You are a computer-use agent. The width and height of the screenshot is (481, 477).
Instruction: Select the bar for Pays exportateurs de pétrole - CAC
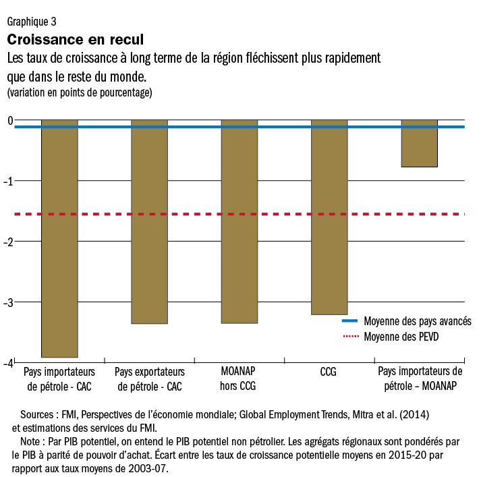point(149,222)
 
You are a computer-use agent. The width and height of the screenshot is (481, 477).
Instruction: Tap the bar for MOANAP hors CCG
point(239,222)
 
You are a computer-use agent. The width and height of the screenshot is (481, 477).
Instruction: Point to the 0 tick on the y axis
point(9,121)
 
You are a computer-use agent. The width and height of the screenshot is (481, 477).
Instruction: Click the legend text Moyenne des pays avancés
point(417,321)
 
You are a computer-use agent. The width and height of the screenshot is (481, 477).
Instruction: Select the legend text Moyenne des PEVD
point(401,336)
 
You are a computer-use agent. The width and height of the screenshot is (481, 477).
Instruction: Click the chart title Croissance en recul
point(75,40)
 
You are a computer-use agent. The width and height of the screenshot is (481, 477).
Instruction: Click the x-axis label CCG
point(329,372)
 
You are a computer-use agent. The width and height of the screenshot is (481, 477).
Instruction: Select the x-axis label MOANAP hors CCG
point(239,378)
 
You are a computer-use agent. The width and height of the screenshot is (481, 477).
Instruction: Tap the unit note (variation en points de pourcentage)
point(80,92)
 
